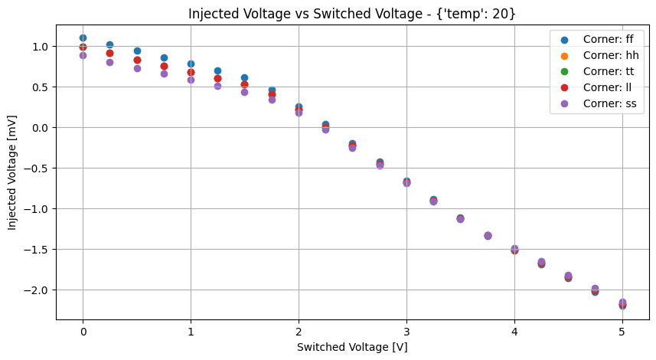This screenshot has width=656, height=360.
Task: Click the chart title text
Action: pyautogui.click(x=352, y=13)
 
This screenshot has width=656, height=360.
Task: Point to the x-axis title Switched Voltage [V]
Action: pyautogui.click(x=352, y=346)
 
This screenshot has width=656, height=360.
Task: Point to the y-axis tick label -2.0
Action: pyautogui.click(x=34, y=290)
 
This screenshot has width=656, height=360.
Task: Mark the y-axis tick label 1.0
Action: pyautogui.click(x=37, y=47)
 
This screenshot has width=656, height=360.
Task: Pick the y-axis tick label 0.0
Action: pyautogui.click(x=37, y=128)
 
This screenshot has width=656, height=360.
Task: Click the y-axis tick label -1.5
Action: pyautogui.click(x=34, y=250)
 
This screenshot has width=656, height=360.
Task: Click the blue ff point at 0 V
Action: pyautogui.click(x=83, y=38)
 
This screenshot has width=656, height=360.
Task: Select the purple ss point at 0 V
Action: pyautogui.click(x=83, y=55)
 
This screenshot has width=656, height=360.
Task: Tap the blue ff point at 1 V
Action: pyautogui.click(x=191, y=64)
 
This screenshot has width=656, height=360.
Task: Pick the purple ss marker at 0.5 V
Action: pyautogui.click(x=137, y=68)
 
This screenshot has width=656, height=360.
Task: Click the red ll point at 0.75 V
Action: pyautogui.click(x=164, y=66)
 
